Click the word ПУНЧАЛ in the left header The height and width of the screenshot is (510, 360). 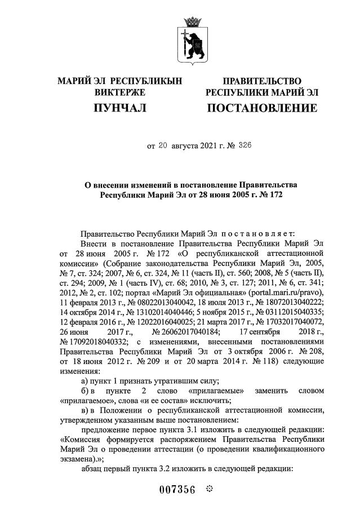[x=120, y=107]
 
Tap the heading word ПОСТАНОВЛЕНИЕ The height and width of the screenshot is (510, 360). [x=262, y=107]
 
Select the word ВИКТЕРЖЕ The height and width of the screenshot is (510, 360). [x=120, y=92]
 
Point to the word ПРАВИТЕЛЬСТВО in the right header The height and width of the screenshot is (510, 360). [x=262, y=82]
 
